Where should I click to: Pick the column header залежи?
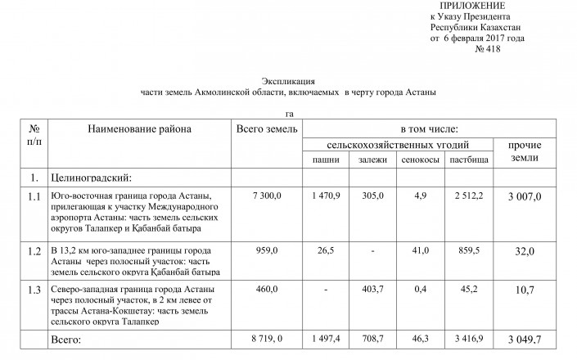[x=372, y=159]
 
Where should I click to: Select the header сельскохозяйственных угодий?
[x=398, y=144]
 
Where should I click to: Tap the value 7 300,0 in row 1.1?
[x=266, y=196]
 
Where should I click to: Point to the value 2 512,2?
[x=469, y=196]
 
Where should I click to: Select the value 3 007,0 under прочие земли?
[x=525, y=197]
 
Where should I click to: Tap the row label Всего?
[x=68, y=337]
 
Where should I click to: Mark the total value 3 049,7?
[x=525, y=338]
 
